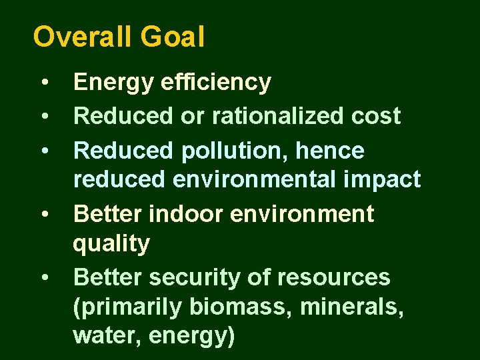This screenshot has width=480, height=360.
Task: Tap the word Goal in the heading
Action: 173,37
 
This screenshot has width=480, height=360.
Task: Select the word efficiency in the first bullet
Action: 216,83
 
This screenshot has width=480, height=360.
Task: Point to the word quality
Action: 111,245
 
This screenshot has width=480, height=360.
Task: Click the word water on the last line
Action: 107,337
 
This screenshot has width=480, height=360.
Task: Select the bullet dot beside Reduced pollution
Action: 44,152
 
